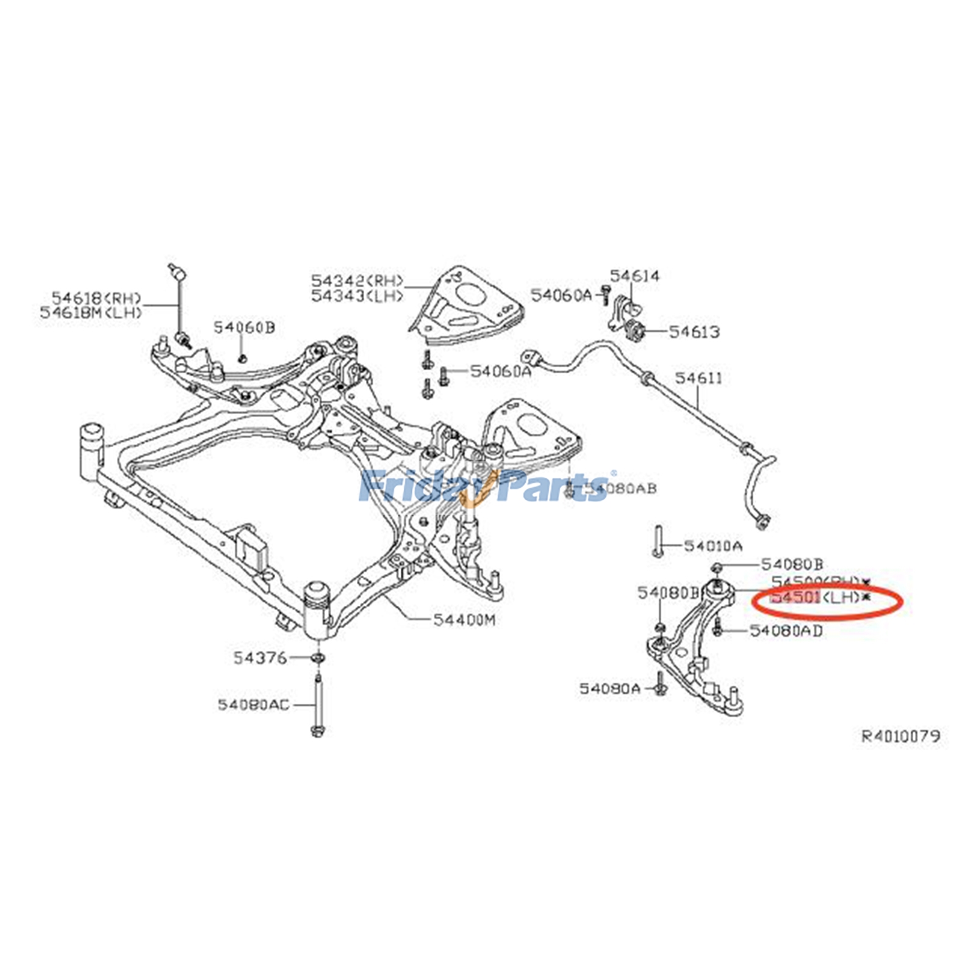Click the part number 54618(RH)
tap(96, 298)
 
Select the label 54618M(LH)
tap(91, 312)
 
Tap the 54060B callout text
tap(244, 328)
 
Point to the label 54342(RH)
tap(357, 281)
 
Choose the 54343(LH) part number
tap(357, 296)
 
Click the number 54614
tap(634, 276)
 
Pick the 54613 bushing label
tap(694, 332)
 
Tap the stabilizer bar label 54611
tap(698, 378)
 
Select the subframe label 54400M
tap(464, 620)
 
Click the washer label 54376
tap(260, 658)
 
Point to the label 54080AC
tap(254, 705)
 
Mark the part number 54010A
tap(713, 545)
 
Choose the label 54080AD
tap(786, 630)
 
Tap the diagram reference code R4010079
tap(900, 736)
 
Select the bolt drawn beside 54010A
tap(657, 540)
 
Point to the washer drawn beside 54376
tap(317, 658)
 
